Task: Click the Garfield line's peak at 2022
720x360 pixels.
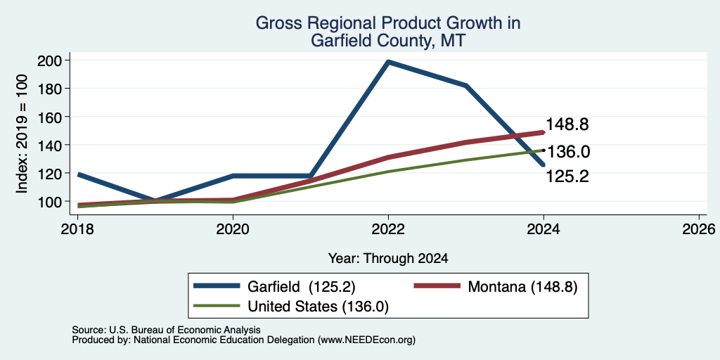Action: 388,62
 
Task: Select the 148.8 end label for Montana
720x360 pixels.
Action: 567,124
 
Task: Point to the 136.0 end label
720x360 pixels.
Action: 568,152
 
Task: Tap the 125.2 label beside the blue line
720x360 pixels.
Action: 567,176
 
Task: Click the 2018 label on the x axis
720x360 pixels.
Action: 77,229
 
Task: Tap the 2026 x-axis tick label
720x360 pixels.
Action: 699,229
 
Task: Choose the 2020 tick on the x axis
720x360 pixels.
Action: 233,229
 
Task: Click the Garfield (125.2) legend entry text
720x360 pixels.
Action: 302,287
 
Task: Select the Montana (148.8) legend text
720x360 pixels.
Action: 522,287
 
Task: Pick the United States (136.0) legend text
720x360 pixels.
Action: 319,307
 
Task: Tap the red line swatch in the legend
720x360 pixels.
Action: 437,286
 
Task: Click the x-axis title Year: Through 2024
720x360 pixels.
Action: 388,259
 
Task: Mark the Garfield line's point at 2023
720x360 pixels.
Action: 466,85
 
